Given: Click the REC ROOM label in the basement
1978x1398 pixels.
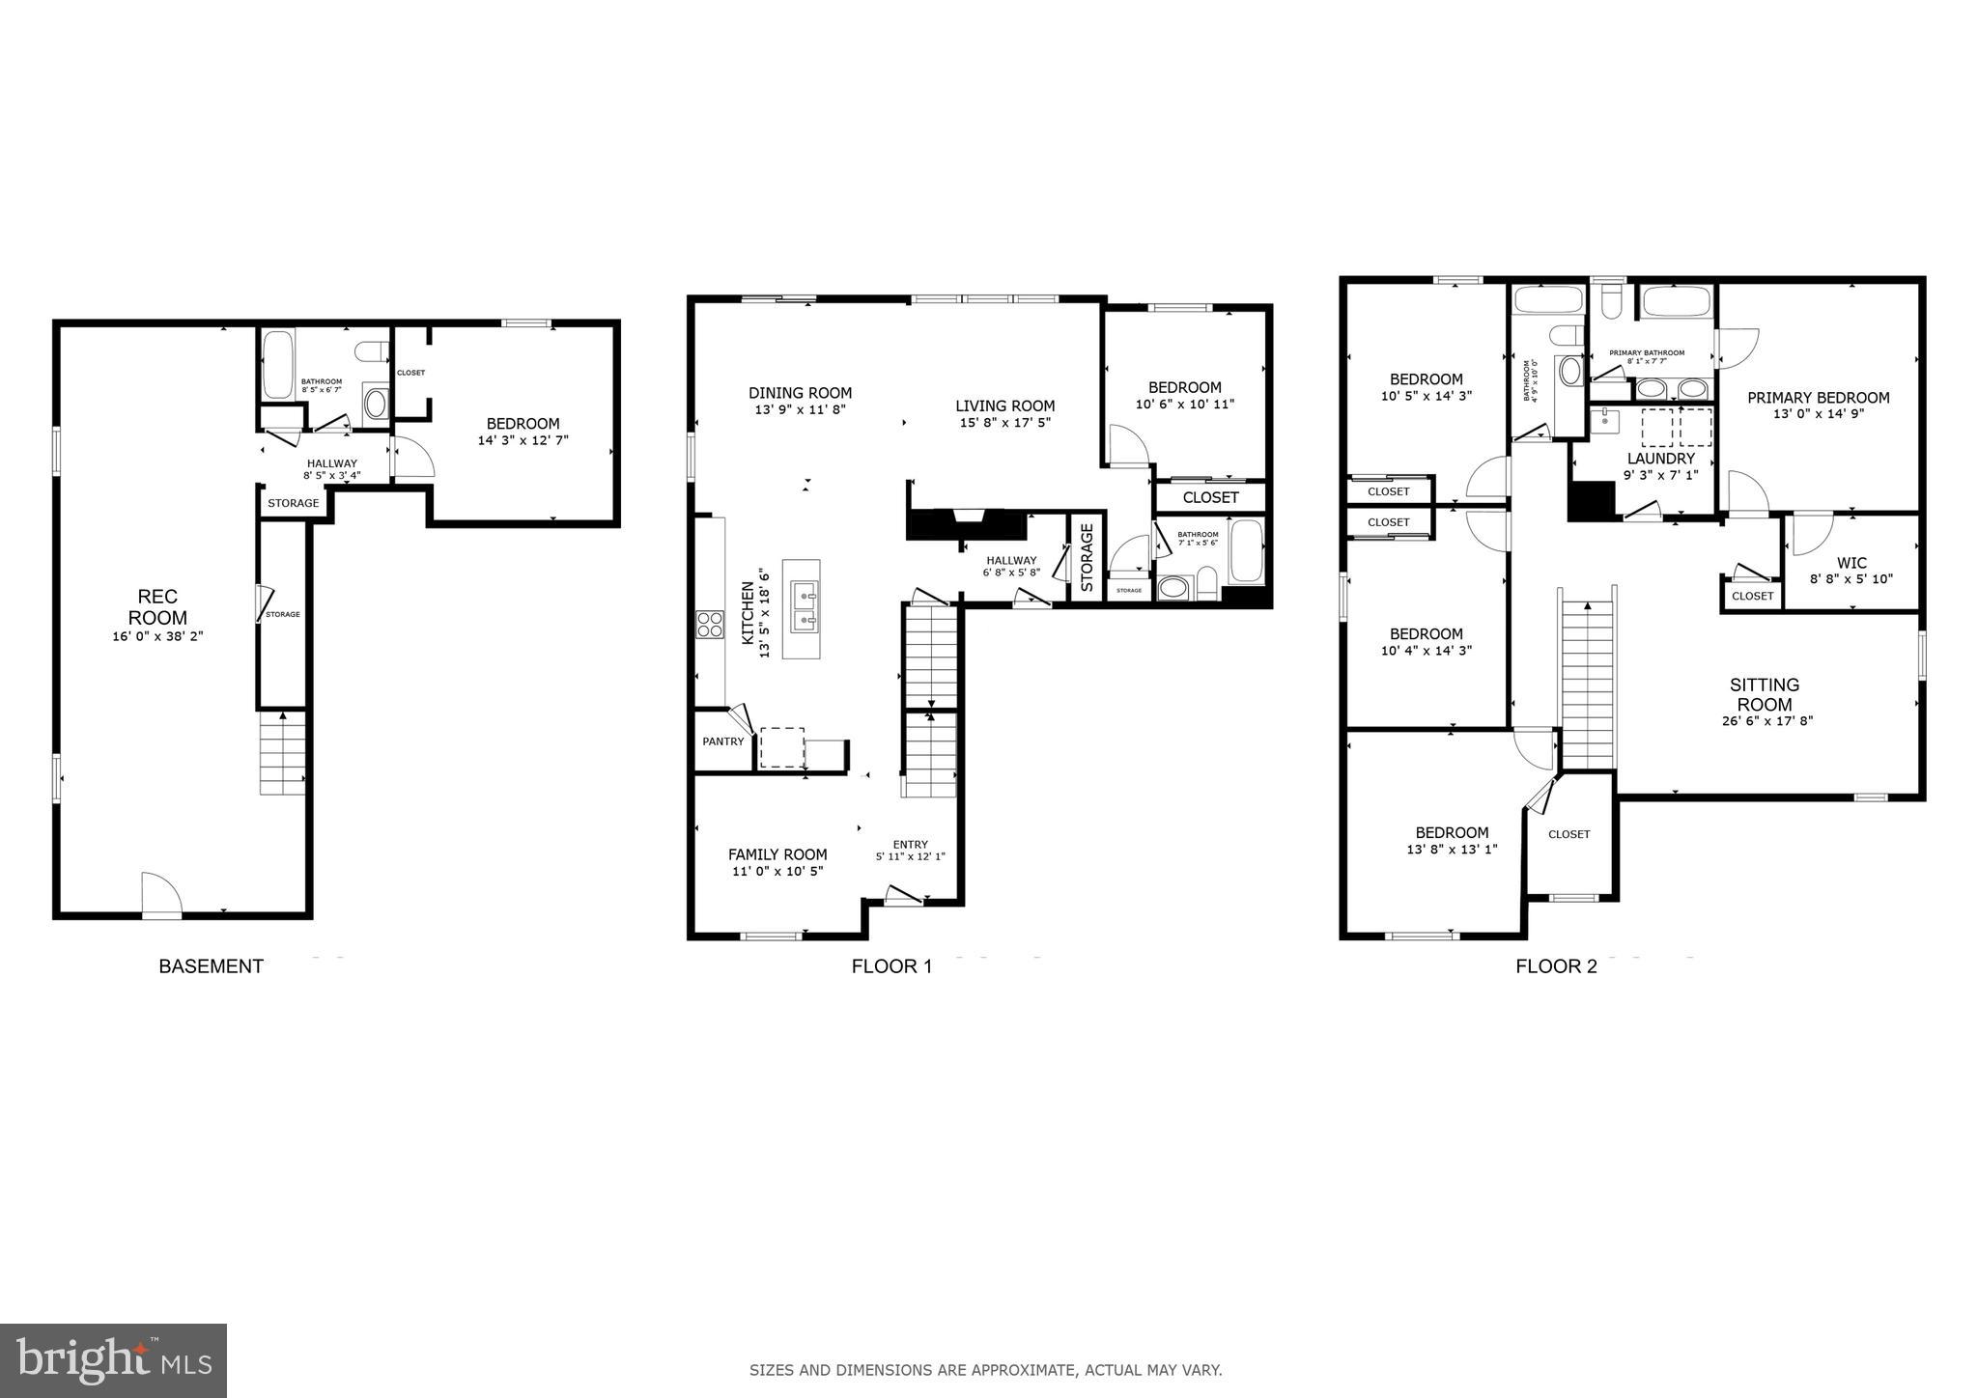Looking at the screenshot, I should coord(157,607).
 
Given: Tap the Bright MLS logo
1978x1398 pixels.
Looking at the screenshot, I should coord(114,1360).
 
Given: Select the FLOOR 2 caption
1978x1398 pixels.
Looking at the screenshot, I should coord(1556,966).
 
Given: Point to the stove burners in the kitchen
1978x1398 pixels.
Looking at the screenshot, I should coord(710,625).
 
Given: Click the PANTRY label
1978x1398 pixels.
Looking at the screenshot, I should coord(723,741).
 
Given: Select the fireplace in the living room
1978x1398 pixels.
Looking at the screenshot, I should coord(965,524).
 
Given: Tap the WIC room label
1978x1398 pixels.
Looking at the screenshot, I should coord(1851,563).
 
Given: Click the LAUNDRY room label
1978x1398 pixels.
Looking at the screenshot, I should coord(1660,459).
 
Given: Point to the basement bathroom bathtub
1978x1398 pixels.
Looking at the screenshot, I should coord(279,366).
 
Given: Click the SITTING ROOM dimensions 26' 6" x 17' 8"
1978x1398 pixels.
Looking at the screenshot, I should coord(1766,720).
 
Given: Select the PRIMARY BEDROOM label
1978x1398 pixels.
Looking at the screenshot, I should coord(1818,397).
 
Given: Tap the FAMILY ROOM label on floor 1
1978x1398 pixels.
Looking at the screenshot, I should coord(777,854).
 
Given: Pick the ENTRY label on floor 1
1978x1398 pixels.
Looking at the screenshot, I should coord(910,844).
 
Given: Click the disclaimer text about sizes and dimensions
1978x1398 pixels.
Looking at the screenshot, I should coord(985,1369).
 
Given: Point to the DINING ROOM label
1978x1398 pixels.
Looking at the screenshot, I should coord(800,393).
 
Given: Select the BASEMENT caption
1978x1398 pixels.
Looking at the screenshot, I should coord(211,966).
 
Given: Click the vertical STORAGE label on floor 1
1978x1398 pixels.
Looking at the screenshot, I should coord(1087,557).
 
